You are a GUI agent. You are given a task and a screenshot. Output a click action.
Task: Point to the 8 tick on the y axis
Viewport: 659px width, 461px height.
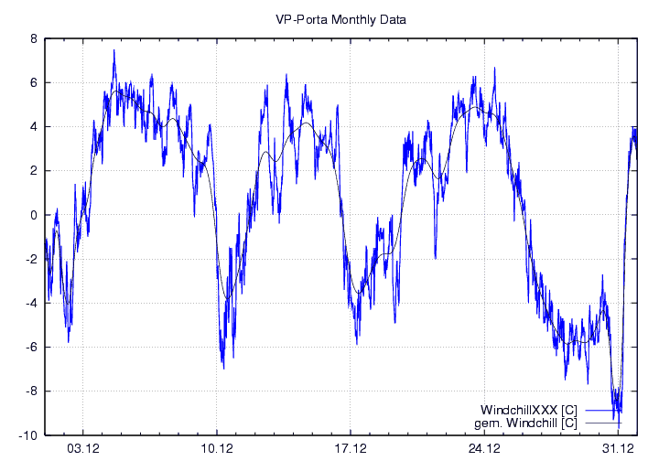(33, 39)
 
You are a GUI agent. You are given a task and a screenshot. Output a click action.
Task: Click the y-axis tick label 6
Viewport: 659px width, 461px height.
(33, 83)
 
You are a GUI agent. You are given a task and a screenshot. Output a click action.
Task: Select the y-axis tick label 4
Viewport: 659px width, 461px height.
(33, 127)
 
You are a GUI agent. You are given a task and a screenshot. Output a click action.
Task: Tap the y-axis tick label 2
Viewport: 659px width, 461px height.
(33, 171)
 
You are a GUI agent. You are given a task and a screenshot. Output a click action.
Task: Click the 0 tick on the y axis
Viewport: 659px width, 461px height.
(33, 215)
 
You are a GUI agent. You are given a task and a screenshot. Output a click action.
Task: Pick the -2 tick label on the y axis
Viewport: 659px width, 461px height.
(30, 259)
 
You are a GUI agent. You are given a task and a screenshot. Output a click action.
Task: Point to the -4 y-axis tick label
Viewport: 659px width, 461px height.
(30, 303)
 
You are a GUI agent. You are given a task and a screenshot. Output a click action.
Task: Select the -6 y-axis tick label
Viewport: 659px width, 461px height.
(30, 347)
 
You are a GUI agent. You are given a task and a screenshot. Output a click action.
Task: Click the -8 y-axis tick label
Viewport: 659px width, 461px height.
(30, 391)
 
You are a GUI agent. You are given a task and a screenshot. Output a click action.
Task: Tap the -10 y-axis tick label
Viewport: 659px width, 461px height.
(27, 434)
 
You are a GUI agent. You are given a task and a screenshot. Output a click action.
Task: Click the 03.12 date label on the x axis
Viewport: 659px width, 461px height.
(83, 448)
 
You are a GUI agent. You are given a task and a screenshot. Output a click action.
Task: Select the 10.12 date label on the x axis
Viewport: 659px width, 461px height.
(217, 448)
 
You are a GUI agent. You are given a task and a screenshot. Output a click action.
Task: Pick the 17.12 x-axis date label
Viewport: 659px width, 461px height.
(351, 448)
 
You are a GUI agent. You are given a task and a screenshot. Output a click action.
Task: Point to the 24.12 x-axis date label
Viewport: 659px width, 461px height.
(484, 448)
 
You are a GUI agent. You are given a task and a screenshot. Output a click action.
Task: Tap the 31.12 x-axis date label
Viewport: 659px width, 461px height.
(618, 448)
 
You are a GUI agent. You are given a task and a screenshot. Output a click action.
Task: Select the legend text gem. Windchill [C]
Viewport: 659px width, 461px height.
(526, 423)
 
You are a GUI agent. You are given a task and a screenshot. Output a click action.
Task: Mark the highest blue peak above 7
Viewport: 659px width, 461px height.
(114, 50)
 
